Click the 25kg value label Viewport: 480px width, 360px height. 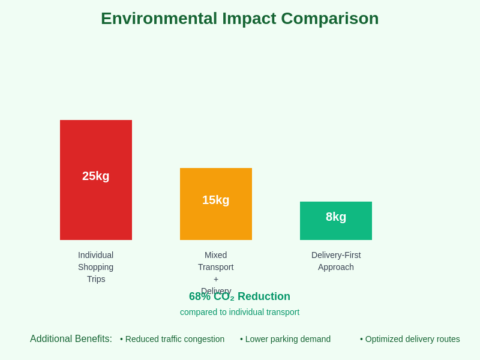96,176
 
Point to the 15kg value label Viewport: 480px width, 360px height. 216,200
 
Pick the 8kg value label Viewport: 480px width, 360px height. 336,217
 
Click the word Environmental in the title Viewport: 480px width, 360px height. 159,19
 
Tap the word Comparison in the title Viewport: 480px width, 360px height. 330,19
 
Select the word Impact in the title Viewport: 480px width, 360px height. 249,19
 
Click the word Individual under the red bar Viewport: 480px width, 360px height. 96,255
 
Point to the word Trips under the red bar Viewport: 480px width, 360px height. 96,279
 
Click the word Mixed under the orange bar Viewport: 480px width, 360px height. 216,255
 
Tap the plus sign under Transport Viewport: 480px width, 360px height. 216,279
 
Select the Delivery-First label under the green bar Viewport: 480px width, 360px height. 336,255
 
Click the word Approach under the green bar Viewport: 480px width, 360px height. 336,267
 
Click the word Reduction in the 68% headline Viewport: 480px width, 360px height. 264,296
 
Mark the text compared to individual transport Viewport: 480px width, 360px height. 240,312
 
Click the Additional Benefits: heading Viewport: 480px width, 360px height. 71,339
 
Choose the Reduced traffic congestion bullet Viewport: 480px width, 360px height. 173,339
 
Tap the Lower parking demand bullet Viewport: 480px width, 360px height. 286,339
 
